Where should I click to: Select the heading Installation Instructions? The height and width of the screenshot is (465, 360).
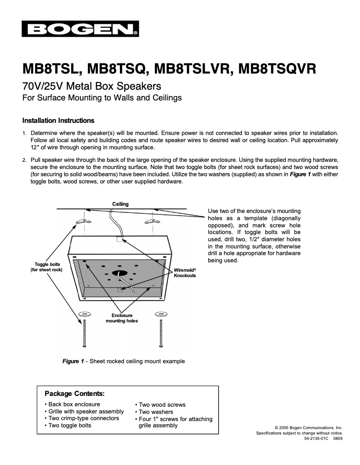point(58,121)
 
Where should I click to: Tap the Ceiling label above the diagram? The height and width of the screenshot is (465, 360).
point(120,204)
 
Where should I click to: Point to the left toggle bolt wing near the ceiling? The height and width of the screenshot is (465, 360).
point(83,221)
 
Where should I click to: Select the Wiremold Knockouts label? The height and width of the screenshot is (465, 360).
point(185,273)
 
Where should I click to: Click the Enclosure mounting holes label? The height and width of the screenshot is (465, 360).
point(122,318)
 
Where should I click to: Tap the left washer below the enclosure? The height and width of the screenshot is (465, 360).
point(84,313)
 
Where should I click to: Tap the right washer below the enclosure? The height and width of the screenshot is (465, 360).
point(160,313)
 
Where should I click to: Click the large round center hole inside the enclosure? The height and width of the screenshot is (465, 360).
point(120,272)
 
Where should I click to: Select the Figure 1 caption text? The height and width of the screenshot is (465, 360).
point(123,361)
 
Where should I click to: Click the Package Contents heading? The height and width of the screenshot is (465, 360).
point(75,394)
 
